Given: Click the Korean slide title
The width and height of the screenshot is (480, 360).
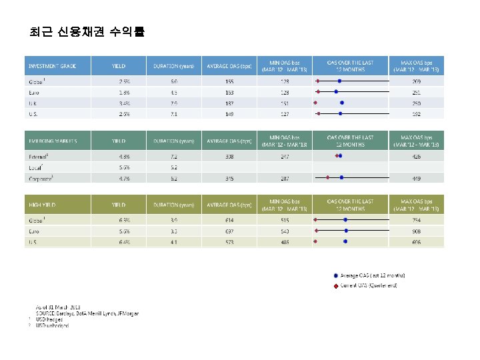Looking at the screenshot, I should (87, 32).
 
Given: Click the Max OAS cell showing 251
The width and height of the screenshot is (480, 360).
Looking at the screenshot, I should (417, 92).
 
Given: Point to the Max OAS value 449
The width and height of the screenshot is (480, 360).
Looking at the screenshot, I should (417, 178).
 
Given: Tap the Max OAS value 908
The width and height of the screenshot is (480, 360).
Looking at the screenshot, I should (417, 231).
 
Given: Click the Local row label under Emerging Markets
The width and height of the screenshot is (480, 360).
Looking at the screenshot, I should (33, 167).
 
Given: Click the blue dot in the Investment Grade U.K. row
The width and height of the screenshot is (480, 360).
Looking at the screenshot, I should (342, 103).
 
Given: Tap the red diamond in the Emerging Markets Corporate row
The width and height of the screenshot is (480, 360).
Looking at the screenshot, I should (328, 178).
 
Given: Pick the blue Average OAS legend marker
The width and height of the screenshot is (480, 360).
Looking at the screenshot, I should (335, 275).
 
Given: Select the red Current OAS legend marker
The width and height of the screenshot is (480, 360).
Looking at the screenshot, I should (335, 286).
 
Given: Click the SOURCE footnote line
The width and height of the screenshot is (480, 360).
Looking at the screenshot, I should (87, 313).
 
